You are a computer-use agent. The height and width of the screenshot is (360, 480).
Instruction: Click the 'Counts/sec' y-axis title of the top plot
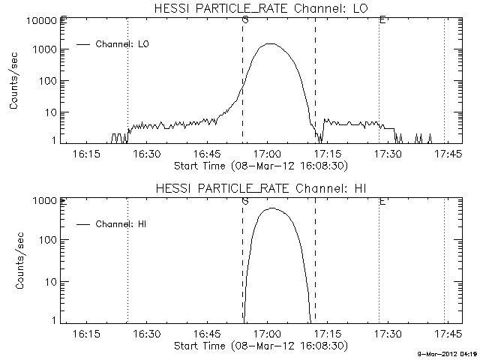pos(13,80)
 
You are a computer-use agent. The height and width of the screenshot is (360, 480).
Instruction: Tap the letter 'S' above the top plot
pos(245,19)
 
